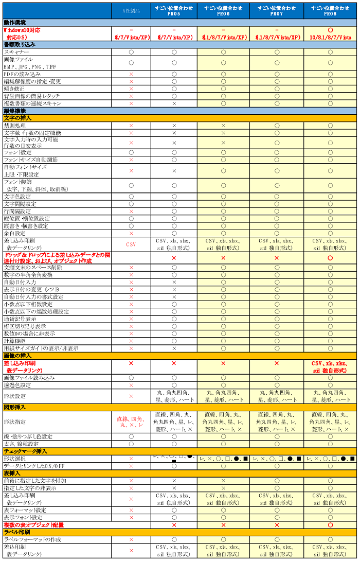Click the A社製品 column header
click(x=131, y=11)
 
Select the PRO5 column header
click(x=174, y=11)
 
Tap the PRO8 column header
click(x=330, y=11)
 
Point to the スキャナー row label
click(x=16, y=52)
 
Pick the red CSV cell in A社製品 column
click(x=131, y=244)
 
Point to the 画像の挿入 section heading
click(x=17, y=356)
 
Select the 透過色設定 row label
click(x=17, y=385)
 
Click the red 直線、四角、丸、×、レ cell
click(x=131, y=422)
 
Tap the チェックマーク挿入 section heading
click(x=26, y=451)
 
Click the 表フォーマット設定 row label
click(x=25, y=510)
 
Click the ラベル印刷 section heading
click(x=17, y=532)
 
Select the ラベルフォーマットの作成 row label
click(x=32, y=539)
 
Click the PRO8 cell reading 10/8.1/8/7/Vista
click(x=330, y=38)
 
